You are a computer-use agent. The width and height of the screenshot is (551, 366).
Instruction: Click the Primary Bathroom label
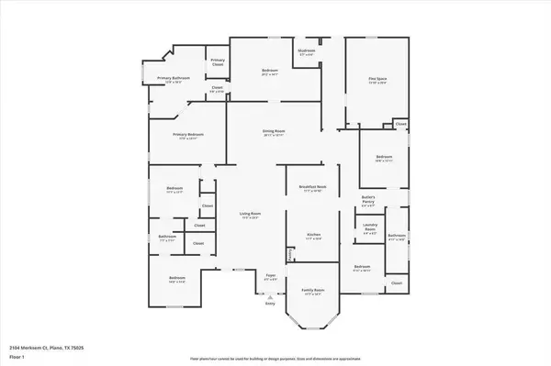[x=173, y=79]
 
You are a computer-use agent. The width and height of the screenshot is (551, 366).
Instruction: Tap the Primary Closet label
[x=218, y=62]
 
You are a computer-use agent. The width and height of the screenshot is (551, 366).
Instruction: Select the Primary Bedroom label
[x=188, y=134]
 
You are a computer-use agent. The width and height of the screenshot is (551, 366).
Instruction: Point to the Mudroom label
[x=307, y=51]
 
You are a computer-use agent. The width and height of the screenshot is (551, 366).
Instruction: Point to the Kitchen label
[x=312, y=235]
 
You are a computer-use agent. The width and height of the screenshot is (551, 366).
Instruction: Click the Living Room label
[x=249, y=215]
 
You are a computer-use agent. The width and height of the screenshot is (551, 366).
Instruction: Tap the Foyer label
[x=271, y=274]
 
